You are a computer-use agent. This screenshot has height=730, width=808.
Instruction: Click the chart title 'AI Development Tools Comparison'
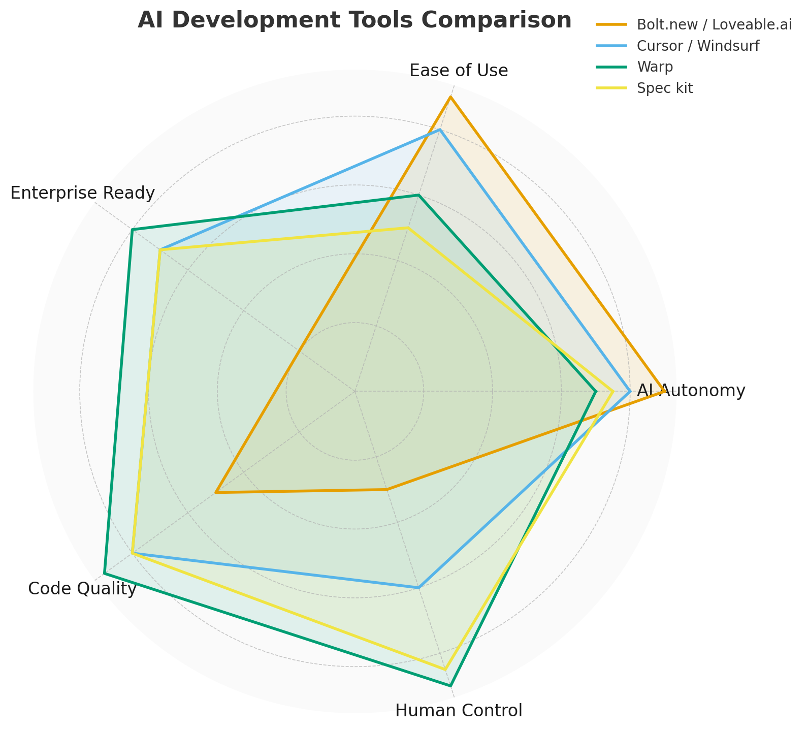[x=354, y=21]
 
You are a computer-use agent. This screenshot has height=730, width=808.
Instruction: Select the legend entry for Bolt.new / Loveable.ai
[x=714, y=25]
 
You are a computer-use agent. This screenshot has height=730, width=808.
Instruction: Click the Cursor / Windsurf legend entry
[x=697, y=46]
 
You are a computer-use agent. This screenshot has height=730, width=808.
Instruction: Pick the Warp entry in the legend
[x=655, y=67]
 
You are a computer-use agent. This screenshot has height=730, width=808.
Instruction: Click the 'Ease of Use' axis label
[x=459, y=71]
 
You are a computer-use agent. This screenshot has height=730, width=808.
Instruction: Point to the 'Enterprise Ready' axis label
[x=82, y=193]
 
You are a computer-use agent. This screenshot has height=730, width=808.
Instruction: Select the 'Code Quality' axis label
[x=82, y=589]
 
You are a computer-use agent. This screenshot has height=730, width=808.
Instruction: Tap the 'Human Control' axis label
[x=459, y=711]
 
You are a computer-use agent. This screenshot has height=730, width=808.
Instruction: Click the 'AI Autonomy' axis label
[x=691, y=391]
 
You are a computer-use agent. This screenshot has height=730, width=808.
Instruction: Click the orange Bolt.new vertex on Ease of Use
[x=450, y=97]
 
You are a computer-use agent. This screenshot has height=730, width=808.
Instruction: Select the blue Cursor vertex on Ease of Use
[x=440, y=130]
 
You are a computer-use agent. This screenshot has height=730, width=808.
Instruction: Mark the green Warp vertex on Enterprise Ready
[x=132, y=230]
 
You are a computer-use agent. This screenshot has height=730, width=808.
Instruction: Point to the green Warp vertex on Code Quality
[x=104, y=573]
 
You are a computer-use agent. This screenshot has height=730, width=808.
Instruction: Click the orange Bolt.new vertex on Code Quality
[x=216, y=492]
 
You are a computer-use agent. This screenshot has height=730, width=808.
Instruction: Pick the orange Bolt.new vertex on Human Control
[x=386, y=490]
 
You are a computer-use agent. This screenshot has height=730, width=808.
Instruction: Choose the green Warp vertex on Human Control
[x=450, y=685]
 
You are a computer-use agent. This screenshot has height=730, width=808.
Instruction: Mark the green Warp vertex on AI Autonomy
[x=595, y=391]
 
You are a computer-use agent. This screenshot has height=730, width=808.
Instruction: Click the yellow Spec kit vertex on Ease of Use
[x=408, y=228]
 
